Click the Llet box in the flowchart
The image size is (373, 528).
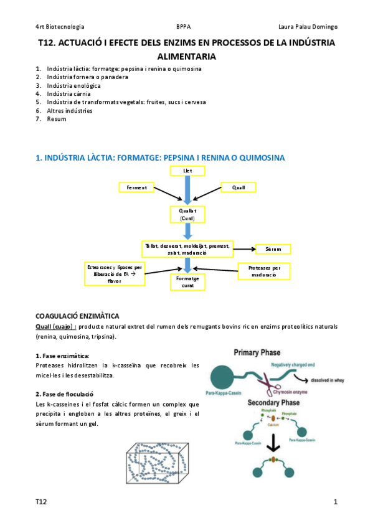point(187,170)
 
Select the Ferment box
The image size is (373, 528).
point(136,187)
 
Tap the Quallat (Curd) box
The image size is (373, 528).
point(187,215)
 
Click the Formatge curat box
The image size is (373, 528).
point(187,282)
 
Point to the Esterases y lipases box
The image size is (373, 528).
point(115,273)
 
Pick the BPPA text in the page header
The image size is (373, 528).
point(184,27)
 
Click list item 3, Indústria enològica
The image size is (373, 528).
point(73,85)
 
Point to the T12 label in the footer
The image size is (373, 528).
point(41,501)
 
